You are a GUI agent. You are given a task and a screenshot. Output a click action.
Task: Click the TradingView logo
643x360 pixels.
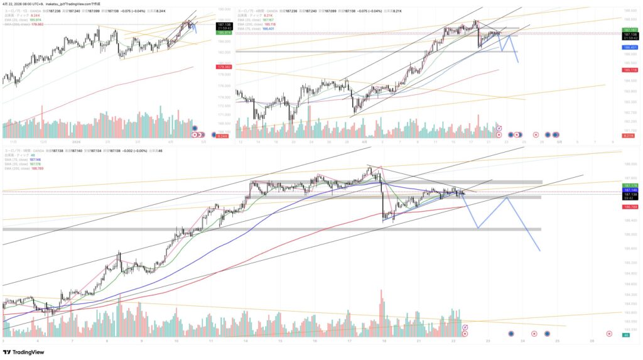pos(24,352)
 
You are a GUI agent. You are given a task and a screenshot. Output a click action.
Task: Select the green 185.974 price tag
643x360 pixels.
pos(224,33)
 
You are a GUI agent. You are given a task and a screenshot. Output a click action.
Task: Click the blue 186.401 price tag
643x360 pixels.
pos(630,46)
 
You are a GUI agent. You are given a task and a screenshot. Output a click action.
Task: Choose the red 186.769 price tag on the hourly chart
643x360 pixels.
pos(630,206)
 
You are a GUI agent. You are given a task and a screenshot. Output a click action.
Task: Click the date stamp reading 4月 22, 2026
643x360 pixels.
pos(15,4)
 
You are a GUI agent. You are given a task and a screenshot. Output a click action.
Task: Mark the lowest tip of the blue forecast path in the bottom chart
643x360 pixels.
pos(539,251)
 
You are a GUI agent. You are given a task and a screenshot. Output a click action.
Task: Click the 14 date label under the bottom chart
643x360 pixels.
pos(246,341)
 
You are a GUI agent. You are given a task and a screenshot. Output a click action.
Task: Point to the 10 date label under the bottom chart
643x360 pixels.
pos(176,341)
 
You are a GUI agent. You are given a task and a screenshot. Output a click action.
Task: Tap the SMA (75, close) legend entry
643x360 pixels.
pos(19,160)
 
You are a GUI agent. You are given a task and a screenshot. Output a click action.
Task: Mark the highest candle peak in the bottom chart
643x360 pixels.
pos(369,166)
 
